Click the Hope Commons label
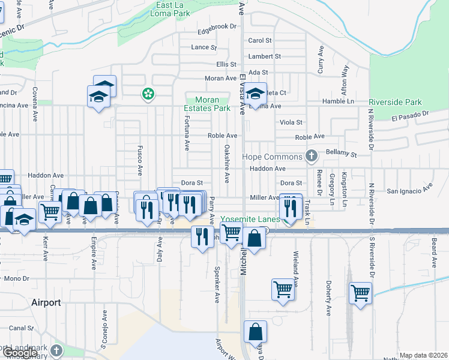272,157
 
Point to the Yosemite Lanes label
250,220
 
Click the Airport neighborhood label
46,303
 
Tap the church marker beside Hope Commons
311,157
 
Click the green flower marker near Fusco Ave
147,94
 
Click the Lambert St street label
265,56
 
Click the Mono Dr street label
16,278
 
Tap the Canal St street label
21,328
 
